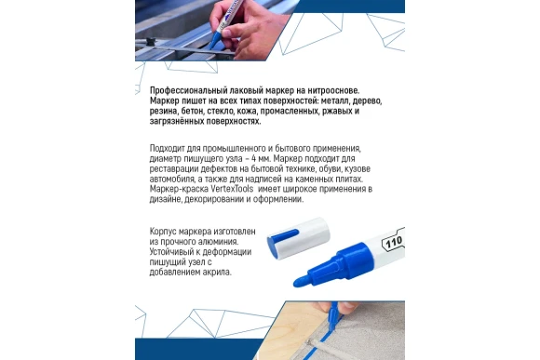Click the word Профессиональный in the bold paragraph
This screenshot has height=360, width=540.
(185, 89)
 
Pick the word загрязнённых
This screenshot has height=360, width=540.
(181, 122)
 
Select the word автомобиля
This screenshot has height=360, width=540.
(177, 179)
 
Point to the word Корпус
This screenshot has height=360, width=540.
(166, 233)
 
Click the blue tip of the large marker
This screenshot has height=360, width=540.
(302, 278)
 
